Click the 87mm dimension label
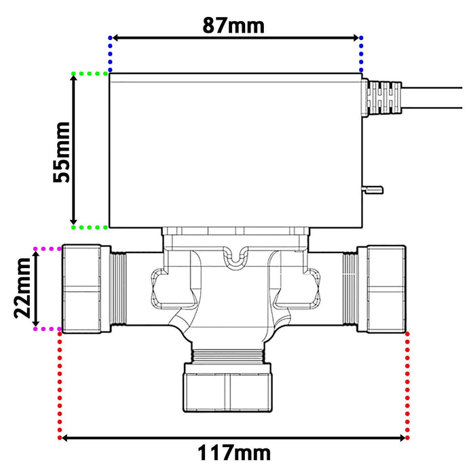tap(234, 25)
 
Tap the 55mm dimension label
tap(62, 151)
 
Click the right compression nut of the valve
tap(386, 288)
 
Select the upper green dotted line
tap(90, 73)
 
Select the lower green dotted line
tap(90, 227)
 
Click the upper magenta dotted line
tap(47, 249)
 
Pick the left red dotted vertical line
tap(61, 383)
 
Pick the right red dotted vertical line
tap(407, 383)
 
